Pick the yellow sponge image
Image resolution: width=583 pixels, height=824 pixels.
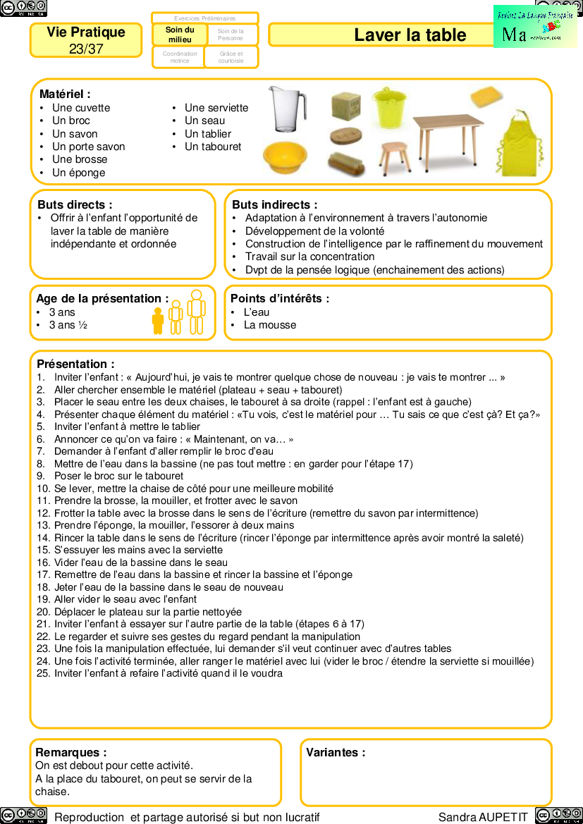[486, 95]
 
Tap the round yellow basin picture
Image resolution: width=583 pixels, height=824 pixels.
[285, 158]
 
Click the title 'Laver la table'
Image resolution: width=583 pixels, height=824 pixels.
[410, 35]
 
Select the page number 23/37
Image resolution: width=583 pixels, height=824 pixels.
[86, 49]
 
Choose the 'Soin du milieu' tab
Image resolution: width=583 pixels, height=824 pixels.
[179, 35]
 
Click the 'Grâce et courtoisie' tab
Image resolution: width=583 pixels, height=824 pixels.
[231, 57]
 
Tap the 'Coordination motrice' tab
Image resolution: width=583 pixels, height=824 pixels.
[179, 57]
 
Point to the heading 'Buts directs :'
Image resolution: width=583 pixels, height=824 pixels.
[75, 204]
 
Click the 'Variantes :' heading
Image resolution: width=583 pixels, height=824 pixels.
[336, 752]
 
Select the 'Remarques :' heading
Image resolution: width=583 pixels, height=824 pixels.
[71, 752]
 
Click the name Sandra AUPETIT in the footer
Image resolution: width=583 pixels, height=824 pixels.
[483, 817]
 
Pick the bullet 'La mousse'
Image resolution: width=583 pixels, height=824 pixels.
[270, 325]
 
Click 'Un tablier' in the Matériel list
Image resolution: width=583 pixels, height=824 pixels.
[208, 134]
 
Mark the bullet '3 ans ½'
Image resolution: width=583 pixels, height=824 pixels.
[68, 325]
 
